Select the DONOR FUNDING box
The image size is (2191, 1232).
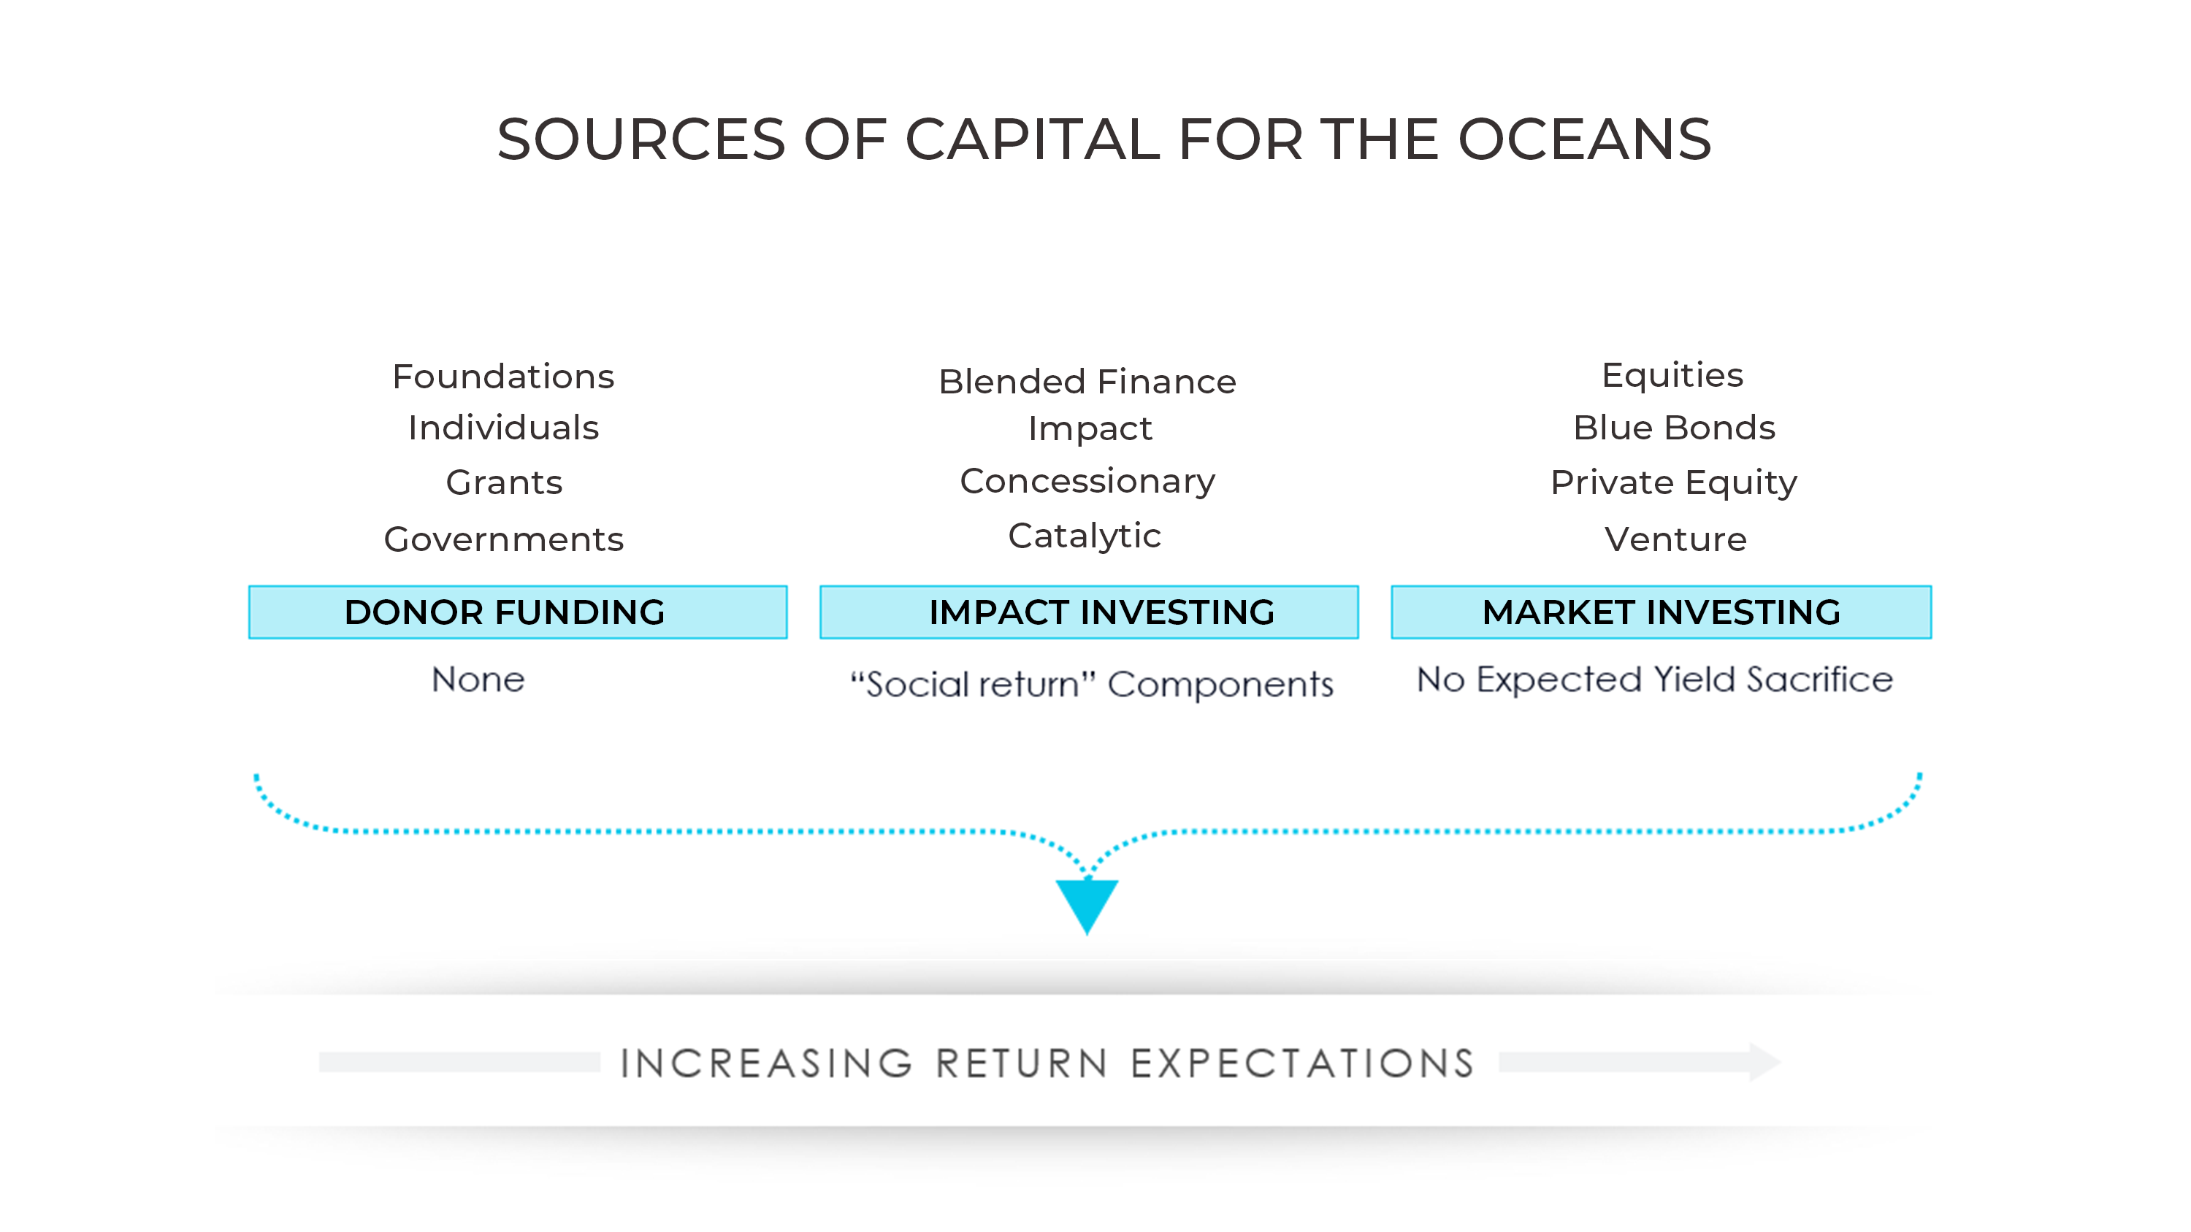(x=517, y=612)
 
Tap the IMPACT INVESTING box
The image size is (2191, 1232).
(x=1089, y=612)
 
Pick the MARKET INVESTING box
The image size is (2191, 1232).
(x=1660, y=612)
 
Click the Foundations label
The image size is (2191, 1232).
(x=502, y=377)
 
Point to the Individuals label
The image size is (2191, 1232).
(x=502, y=428)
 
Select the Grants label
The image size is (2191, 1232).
(x=503, y=482)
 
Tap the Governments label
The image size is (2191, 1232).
(x=503, y=539)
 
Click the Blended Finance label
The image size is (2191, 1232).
(x=1087, y=382)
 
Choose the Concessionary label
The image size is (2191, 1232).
(x=1087, y=481)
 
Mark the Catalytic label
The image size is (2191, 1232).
(x=1085, y=536)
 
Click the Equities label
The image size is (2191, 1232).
(x=1672, y=375)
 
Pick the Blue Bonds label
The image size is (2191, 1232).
(x=1674, y=428)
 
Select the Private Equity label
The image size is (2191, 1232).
(x=1674, y=482)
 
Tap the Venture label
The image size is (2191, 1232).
(x=1675, y=539)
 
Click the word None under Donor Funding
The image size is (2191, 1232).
(x=478, y=679)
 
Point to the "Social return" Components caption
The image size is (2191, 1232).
(x=1091, y=685)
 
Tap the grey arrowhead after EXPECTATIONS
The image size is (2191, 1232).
(x=1764, y=1062)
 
